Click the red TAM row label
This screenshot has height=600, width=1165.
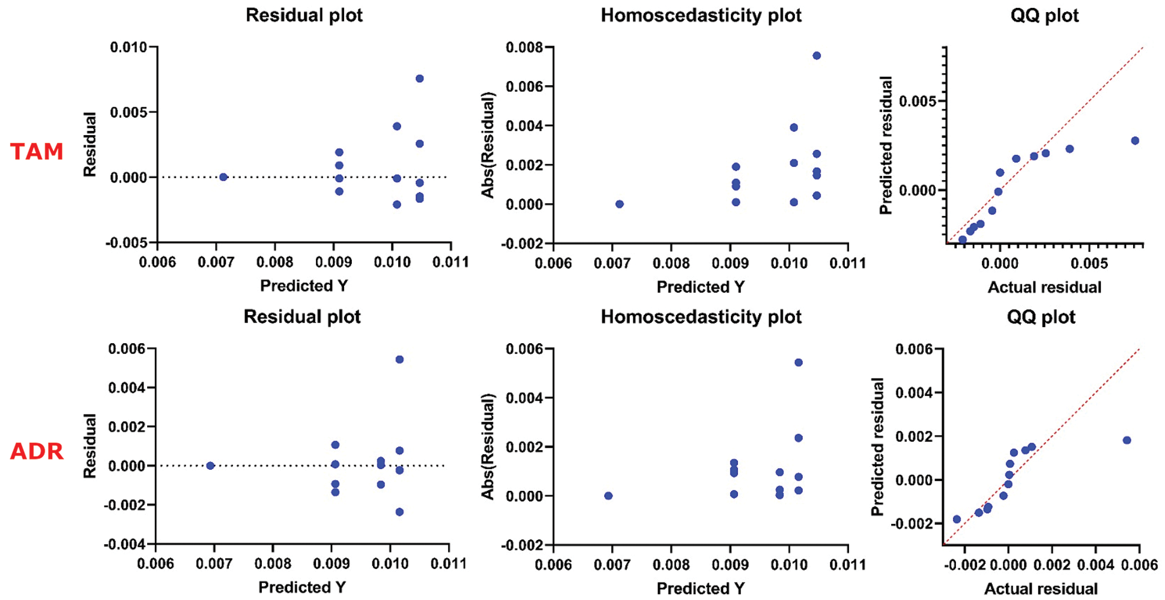pos(37,151)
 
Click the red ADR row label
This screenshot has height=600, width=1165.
pos(37,451)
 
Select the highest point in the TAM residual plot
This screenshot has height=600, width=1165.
pos(420,79)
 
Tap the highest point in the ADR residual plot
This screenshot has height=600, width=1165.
pos(399,359)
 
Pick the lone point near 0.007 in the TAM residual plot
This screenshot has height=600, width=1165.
pos(223,177)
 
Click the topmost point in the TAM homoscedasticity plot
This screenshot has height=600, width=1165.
pos(817,56)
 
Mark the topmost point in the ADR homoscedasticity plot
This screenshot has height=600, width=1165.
pos(799,362)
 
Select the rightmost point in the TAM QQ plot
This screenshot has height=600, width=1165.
pos(1135,140)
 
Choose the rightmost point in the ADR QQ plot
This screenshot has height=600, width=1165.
pos(1127,440)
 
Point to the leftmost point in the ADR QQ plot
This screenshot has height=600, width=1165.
pos(957,519)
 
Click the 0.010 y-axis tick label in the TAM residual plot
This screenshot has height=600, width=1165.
pos(129,47)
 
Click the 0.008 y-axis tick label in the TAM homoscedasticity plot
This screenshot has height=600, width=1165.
pos(524,47)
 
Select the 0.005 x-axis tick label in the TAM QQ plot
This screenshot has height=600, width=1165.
pos(1089,263)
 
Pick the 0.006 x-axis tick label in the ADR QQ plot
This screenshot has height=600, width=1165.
pos(1139,564)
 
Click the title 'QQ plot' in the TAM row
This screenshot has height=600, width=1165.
pos(1044,15)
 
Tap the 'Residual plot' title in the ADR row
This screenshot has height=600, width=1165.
pos(302,316)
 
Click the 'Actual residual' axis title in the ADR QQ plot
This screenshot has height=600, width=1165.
pos(1041,589)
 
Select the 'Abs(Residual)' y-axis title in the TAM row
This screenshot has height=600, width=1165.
pos(488,145)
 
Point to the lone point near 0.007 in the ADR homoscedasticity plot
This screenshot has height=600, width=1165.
pos(608,496)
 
